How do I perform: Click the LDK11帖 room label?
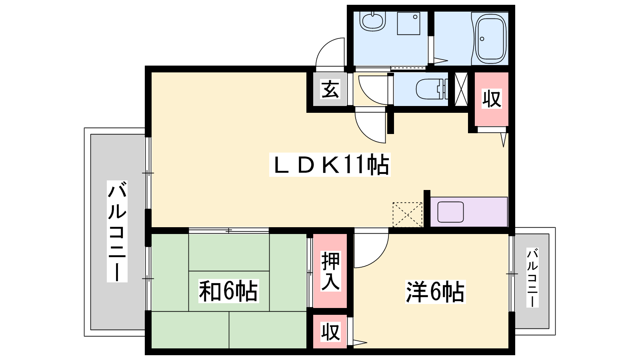tap(330, 165)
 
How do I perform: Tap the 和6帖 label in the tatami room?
tap(228, 291)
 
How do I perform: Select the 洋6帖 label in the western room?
tap(435, 292)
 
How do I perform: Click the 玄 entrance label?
tap(330, 89)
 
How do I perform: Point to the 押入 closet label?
tap(330, 271)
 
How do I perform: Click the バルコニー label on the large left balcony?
tap(117, 232)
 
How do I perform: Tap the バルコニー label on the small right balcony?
tap(532, 278)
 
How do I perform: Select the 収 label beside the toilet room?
tap(492, 98)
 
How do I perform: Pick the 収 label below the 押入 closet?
tap(330, 332)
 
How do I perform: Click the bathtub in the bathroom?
tap(490, 38)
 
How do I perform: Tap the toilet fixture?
tap(432, 89)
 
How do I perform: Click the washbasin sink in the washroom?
tap(372, 21)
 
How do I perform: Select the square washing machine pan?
tap(408, 24)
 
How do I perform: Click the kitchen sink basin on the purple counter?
tap(450, 212)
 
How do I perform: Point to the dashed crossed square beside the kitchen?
tap(408, 214)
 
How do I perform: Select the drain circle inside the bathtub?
tap(482, 39)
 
